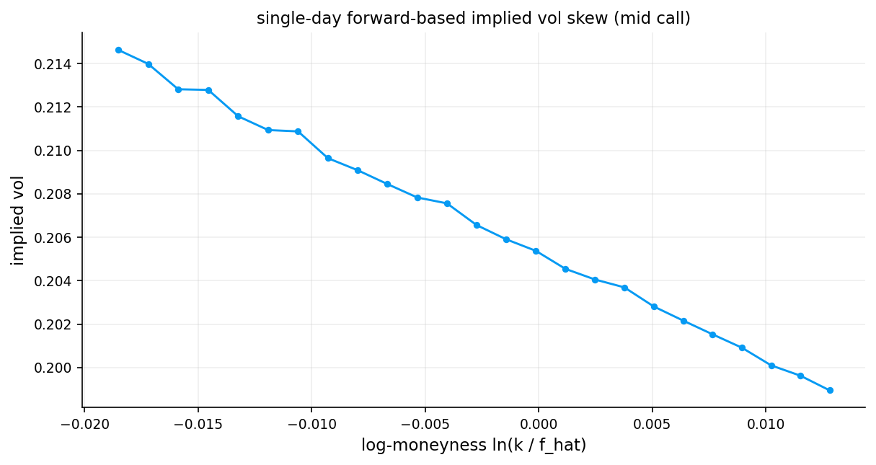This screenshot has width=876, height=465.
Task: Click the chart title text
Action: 473,19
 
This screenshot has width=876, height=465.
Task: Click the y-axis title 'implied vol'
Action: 18,220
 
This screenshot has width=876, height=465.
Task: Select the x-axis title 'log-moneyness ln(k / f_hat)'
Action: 474,446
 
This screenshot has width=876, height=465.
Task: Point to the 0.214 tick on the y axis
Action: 58,64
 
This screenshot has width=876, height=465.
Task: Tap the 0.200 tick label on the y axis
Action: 58,368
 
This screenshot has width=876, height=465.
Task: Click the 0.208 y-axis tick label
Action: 58,194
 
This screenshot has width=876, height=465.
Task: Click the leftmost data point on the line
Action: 118,50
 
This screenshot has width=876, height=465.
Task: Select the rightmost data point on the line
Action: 830,390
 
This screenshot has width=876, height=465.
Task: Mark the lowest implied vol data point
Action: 830,390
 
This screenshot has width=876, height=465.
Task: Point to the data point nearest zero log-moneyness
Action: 536,251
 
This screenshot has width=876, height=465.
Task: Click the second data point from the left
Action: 149,64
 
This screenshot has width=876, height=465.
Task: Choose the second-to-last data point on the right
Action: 800,376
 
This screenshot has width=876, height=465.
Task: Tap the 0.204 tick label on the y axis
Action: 58,280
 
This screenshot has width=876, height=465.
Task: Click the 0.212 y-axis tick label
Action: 58,107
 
